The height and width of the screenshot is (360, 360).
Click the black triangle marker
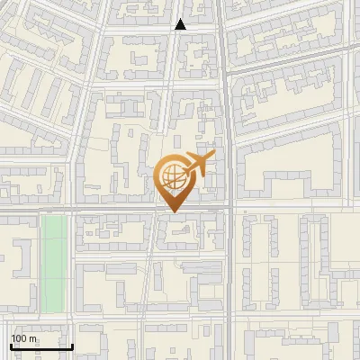click(x=181, y=24)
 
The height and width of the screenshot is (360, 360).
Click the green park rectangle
click(x=53, y=261)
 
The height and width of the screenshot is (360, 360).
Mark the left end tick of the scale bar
click(x=11, y=345)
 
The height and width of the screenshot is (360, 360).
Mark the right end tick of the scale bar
click(x=72, y=345)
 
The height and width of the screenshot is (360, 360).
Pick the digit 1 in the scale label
click(x=13, y=338)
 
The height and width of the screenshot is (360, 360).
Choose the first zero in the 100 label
click(x=19, y=338)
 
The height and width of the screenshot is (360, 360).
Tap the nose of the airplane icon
click(x=213, y=157)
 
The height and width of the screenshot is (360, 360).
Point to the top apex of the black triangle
click(x=181, y=19)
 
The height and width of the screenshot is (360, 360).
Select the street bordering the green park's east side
click(x=70, y=261)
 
